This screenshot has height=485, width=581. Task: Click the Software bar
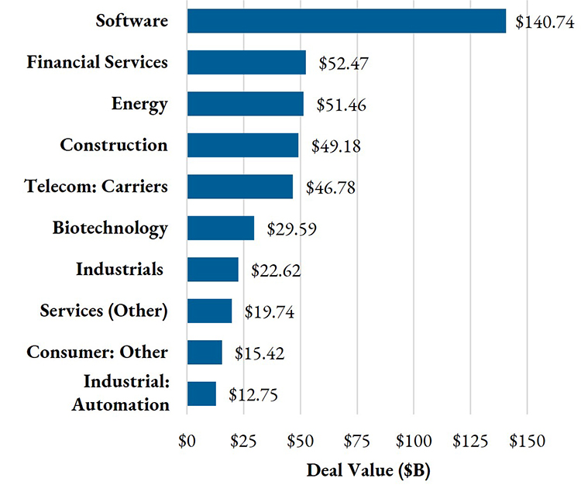coord(346,21)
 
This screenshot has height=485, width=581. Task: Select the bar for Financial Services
coord(246,62)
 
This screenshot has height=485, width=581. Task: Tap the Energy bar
coord(245,104)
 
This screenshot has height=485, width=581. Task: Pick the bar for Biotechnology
coord(221,229)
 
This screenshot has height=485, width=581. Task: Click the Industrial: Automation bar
coord(201,394)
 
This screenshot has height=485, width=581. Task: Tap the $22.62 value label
coord(276,270)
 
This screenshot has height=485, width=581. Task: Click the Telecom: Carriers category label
coord(96,187)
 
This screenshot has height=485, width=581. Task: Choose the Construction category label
coord(114,145)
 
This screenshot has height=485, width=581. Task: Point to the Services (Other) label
coord(104,311)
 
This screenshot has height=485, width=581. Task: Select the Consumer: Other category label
coord(97,353)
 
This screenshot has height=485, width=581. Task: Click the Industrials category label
coord(120,270)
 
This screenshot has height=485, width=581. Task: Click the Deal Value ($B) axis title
coord(357,470)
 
